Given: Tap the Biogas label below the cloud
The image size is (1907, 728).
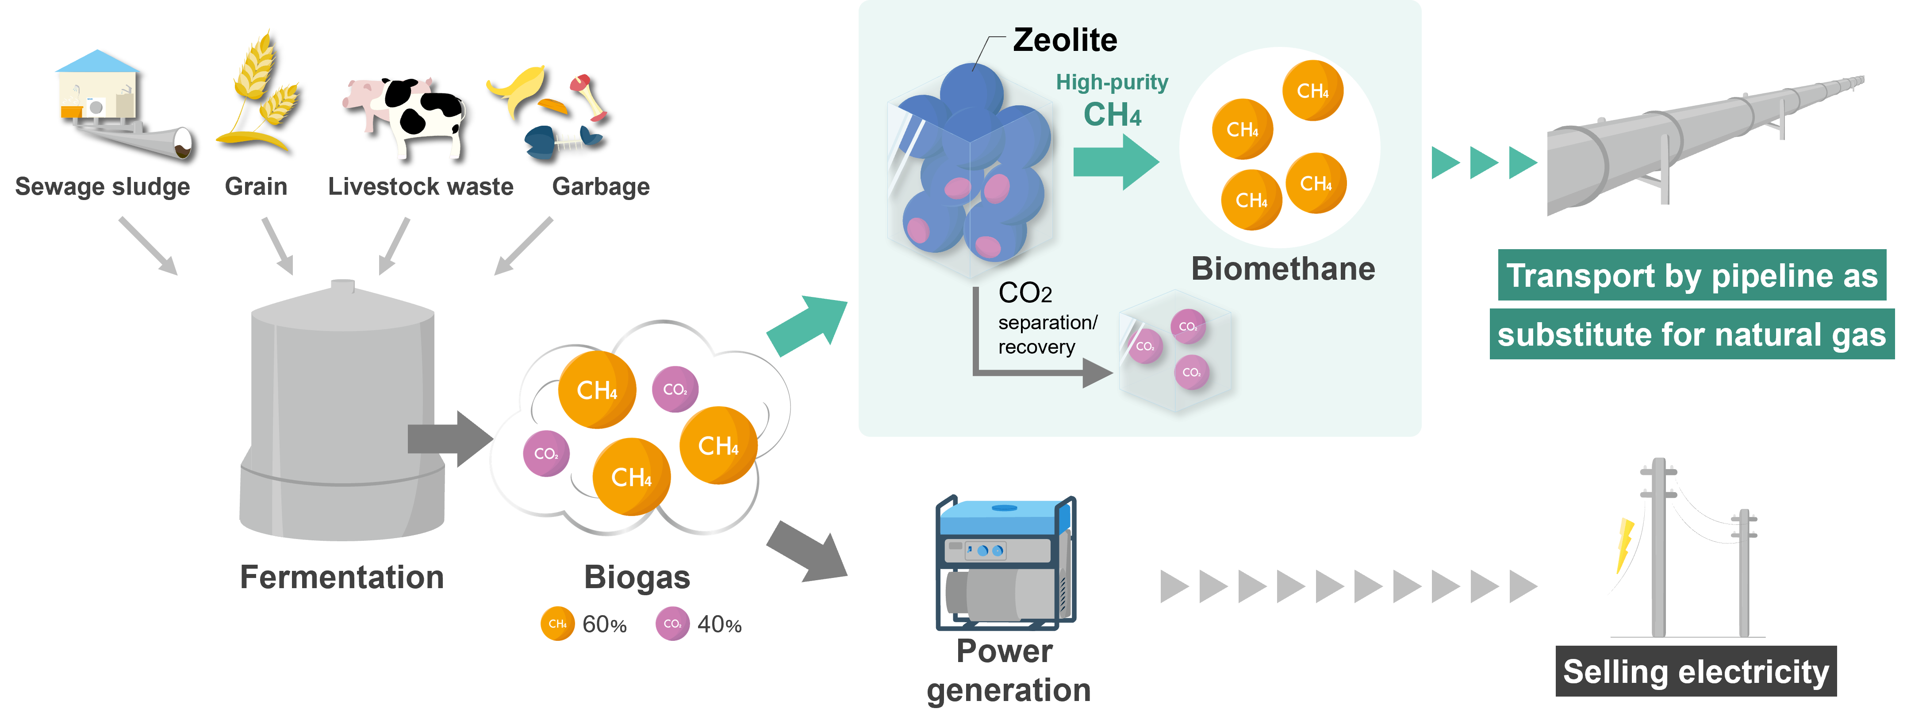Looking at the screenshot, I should [x=637, y=577].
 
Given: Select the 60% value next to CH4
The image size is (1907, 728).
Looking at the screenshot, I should [x=604, y=624].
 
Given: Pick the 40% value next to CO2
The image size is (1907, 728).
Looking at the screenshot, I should [x=719, y=624].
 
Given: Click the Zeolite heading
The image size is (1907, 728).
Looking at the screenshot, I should [x=1065, y=40].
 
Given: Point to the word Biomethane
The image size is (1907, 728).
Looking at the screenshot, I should [x=1283, y=268].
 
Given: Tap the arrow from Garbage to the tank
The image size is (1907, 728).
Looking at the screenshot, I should [x=523, y=246].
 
